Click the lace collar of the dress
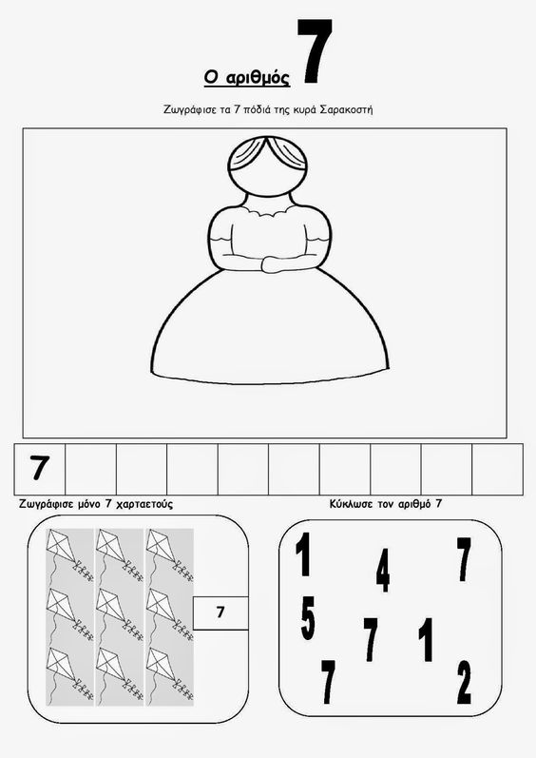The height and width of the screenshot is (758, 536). click(266, 209)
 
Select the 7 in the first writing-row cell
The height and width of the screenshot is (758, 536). click(40, 468)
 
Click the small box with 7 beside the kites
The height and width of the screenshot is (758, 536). click(220, 612)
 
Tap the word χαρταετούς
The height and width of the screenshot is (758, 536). click(144, 504)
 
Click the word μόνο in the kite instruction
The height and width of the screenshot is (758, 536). click(88, 504)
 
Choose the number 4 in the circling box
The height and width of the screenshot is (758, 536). click(383, 571)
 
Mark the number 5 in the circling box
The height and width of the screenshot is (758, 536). click(308, 618)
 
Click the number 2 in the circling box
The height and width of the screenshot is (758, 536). click(464, 682)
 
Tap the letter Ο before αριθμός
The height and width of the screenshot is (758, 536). click(211, 77)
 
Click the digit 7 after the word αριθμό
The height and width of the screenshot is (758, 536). click(438, 504)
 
